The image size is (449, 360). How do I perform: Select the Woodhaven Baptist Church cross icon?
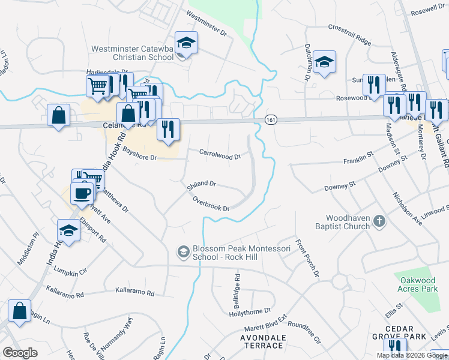pyautogui.click(x=379, y=221)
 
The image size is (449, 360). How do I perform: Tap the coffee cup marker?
pyautogui.click(x=83, y=193)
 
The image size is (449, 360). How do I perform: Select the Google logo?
pyautogui.click(x=20, y=353)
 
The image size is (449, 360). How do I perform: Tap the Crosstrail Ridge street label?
pyautogui.click(x=350, y=34)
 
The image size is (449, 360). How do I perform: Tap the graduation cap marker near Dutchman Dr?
pyautogui.click(x=324, y=62)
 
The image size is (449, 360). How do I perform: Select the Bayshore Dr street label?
pyautogui.click(x=139, y=157)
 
